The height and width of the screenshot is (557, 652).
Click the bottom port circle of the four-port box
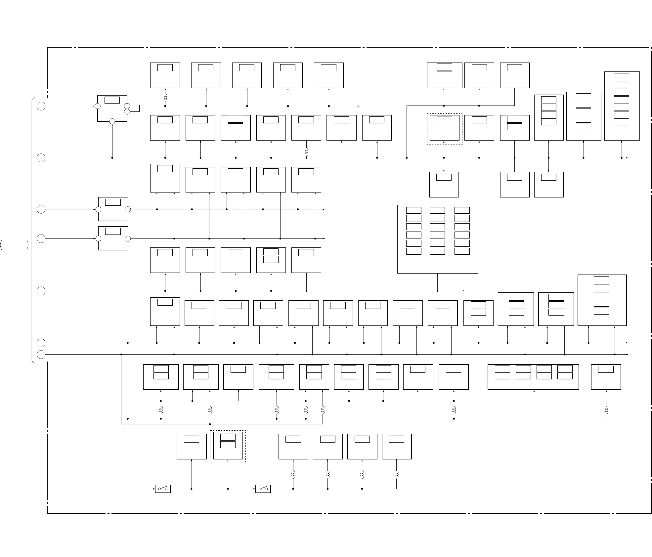112,121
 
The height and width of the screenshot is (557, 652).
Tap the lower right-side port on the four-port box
127,111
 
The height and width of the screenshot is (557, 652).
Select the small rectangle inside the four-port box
112,100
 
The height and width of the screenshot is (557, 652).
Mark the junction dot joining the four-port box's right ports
140,106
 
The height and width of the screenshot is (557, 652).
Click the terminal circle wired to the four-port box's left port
41,106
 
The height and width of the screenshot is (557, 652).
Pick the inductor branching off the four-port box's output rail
165,98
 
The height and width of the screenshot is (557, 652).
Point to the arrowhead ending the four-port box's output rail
359,106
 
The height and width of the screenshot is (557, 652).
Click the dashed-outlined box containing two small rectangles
228,447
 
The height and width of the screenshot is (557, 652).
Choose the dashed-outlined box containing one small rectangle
444,129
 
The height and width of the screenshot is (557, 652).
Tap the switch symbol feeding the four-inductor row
263,489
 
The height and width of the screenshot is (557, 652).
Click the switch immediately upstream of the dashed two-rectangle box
163,489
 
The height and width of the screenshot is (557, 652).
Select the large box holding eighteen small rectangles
437,239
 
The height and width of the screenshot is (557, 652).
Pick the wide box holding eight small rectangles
533,377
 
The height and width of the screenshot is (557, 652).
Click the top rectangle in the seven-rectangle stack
622,76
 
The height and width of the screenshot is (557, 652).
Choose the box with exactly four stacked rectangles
549,117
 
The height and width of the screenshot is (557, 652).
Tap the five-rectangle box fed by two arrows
602,300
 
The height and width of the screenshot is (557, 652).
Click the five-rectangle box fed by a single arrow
584,116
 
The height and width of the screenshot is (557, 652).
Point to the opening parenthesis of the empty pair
2,245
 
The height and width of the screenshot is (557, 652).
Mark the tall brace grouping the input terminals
32,230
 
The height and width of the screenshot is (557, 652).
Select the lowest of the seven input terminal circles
41,355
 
